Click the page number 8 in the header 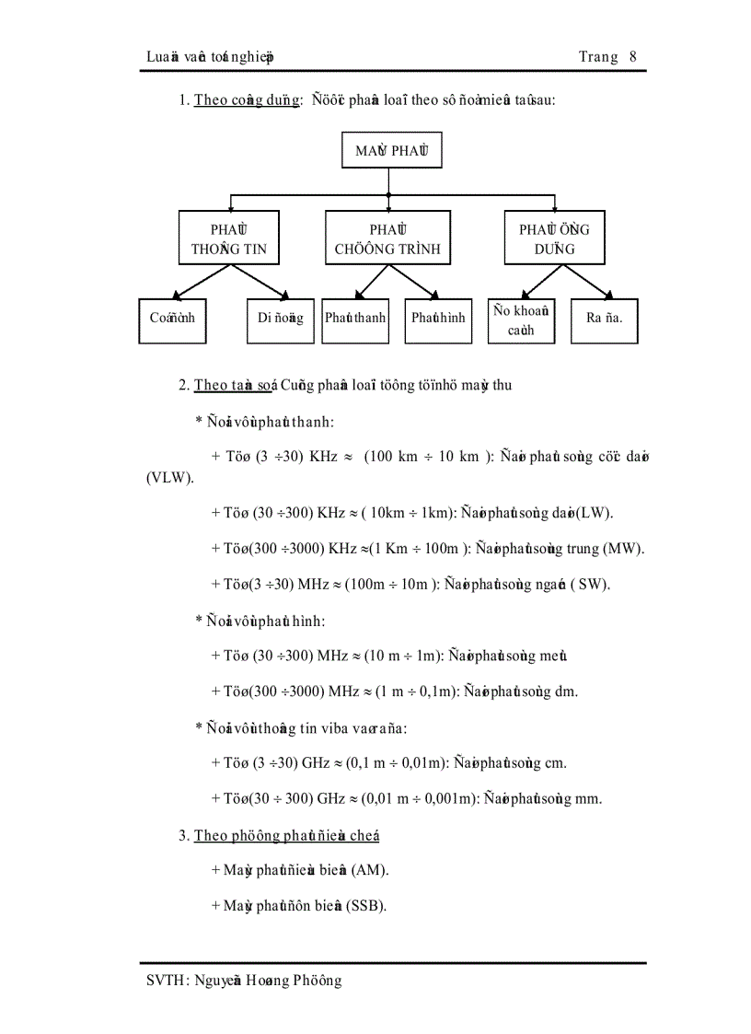pos(633,57)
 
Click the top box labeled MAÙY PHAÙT pos(391,151)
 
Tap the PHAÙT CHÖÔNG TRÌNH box pos(387,238)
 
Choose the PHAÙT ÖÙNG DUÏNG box pos(554,238)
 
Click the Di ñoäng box pos(281,319)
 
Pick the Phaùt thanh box pos(354,319)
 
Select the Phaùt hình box pos(438,319)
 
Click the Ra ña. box pos(604,319)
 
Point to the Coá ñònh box pos(172,319)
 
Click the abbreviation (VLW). pos(168,479)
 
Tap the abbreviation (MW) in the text pos(624,548)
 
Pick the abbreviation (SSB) pos(365,906)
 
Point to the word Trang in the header pos(597,57)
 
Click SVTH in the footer pos(167,982)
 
